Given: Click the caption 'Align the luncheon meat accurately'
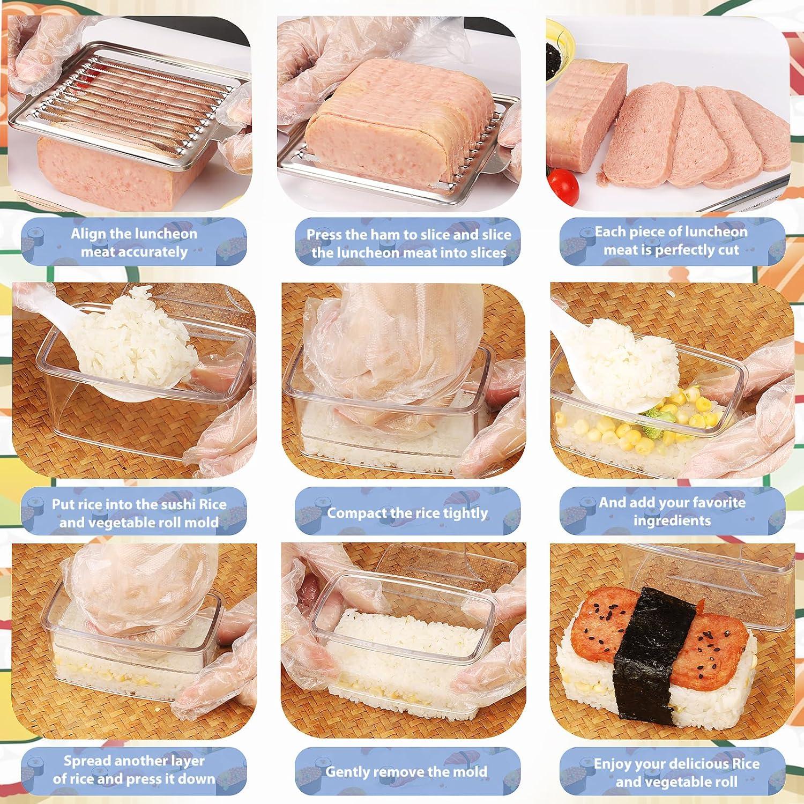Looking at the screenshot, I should point(134,243).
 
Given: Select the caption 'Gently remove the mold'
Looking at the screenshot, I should point(406,772).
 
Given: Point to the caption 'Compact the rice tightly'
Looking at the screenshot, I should point(407,513).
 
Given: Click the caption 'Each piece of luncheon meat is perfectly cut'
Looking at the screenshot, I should point(671,241).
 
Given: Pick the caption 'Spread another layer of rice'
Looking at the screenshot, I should point(134,770).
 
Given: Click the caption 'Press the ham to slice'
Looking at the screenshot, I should point(408,243).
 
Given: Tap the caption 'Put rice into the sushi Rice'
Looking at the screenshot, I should point(139,513).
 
